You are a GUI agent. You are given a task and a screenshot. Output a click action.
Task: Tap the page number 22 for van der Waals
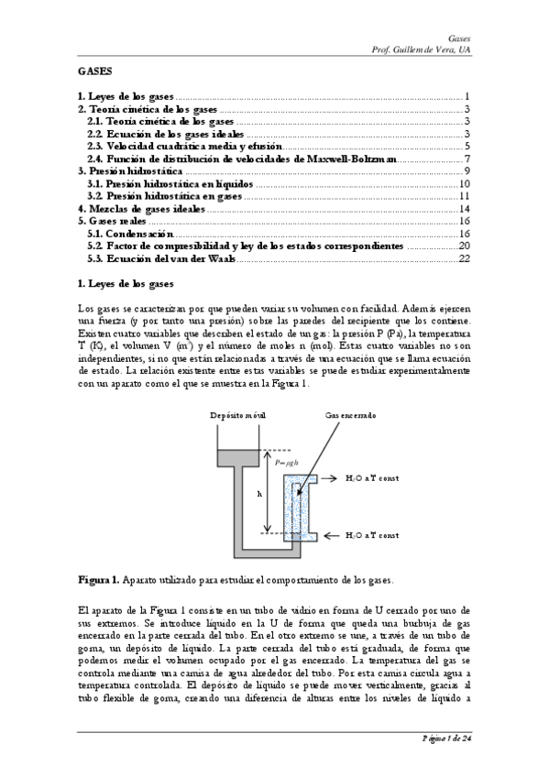pos(464,259)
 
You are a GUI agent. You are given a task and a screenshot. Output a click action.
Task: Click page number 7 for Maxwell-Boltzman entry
pos(467,159)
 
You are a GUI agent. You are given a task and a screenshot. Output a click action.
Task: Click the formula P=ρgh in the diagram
pos(288,463)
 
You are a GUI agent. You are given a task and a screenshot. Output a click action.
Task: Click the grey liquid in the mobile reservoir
pos(236,456)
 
